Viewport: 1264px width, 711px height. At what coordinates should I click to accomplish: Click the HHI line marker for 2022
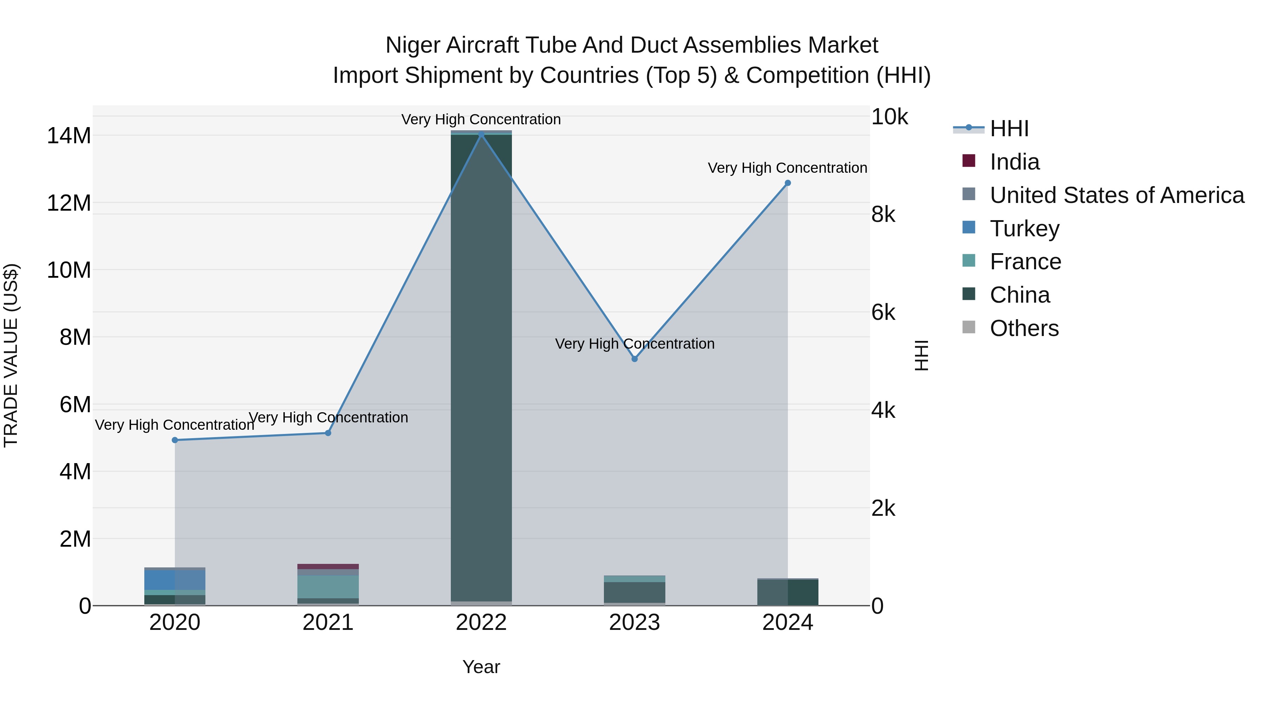click(x=481, y=134)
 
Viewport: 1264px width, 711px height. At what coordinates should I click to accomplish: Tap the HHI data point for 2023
click(x=634, y=359)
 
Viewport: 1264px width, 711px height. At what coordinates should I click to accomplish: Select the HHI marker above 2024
click(x=788, y=183)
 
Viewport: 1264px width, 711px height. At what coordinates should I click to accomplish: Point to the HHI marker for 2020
click(x=175, y=440)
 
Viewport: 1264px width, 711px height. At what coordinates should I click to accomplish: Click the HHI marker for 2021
click(x=328, y=433)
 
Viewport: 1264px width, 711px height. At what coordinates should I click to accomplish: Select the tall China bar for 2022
click(x=481, y=368)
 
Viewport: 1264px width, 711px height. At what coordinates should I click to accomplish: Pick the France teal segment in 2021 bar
click(x=328, y=587)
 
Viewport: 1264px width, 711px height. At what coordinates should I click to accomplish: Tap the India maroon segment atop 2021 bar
click(x=328, y=566)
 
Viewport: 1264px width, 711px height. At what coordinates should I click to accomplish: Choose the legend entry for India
click(x=1014, y=162)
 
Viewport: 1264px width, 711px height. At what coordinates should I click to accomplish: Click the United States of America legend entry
click(x=1116, y=195)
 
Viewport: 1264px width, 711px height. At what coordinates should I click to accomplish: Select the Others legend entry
click(x=1024, y=328)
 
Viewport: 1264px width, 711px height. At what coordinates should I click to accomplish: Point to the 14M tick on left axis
click(x=69, y=136)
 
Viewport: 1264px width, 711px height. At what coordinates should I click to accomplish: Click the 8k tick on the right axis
click(x=883, y=215)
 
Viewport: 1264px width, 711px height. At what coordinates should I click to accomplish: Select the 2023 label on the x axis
click(x=634, y=623)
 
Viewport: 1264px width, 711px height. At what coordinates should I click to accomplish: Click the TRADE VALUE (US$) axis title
click(x=11, y=355)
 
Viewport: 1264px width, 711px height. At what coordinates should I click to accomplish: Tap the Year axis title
click(x=481, y=667)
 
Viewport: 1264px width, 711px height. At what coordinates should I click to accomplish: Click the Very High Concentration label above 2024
click(x=787, y=168)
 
